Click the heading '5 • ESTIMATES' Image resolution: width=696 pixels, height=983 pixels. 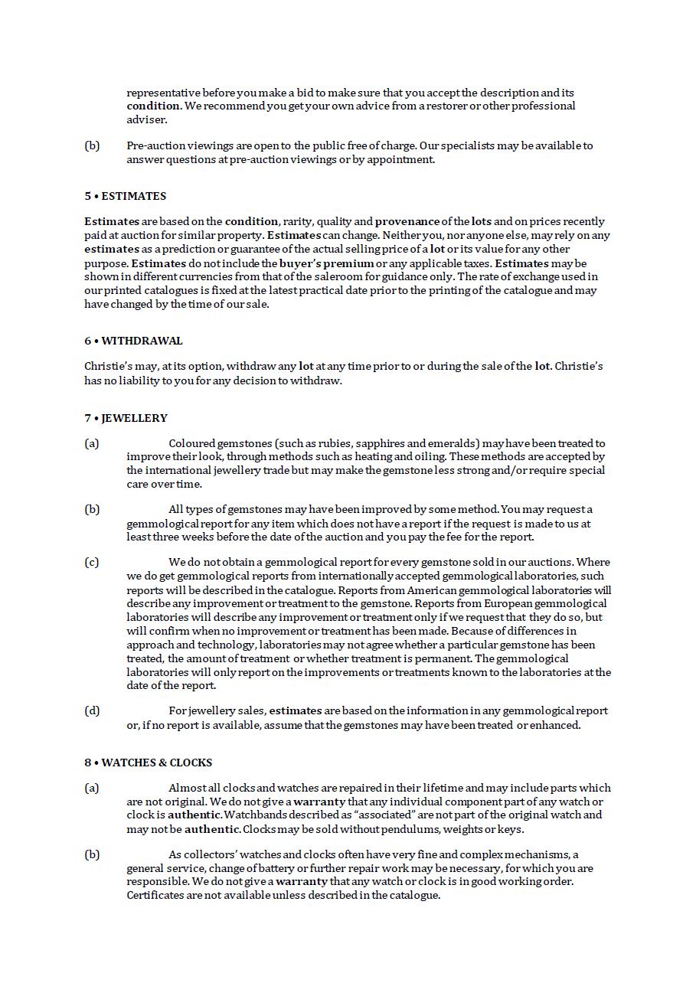click(x=125, y=196)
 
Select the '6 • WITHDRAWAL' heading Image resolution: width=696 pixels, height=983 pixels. click(x=133, y=341)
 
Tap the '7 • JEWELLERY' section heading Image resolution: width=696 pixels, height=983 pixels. click(x=126, y=418)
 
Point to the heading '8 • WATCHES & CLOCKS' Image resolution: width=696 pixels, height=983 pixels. click(x=148, y=763)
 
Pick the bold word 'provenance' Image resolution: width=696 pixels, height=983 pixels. click(x=407, y=221)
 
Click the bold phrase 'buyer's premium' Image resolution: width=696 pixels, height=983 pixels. click(x=326, y=263)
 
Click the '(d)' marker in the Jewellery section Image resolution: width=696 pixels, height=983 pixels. click(x=92, y=710)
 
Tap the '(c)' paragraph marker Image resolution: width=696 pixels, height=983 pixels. click(x=92, y=562)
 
